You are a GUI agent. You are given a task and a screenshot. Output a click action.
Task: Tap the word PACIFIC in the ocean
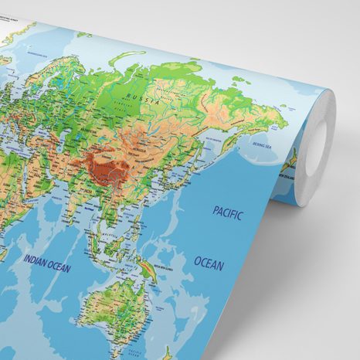(227, 213)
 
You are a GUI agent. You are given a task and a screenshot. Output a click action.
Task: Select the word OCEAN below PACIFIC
(209, 264)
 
